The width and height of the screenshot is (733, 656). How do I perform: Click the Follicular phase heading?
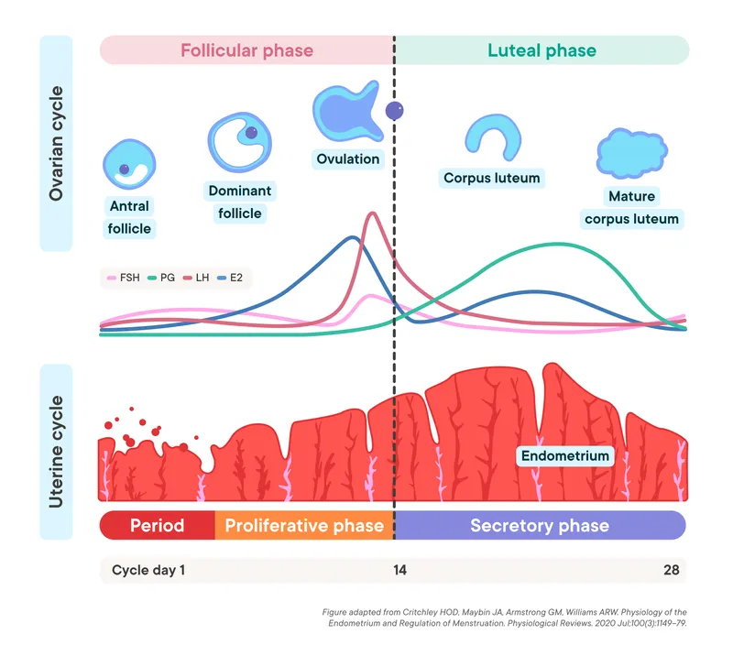pos(246,50)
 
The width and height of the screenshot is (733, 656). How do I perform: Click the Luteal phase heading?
pos(542,50)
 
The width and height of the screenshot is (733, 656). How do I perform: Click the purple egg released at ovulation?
pos(395,112)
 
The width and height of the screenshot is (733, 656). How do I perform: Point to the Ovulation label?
pos(347,159)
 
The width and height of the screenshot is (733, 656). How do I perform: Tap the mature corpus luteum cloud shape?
pos(631,152)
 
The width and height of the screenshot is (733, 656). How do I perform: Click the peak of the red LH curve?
pos(372,214)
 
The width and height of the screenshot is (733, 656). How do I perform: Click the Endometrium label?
pos(564,455)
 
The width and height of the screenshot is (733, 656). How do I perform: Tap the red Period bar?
pos(157,526)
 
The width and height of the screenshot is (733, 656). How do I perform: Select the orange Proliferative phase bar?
pos(304,526)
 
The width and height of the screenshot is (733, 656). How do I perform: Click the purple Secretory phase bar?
pos(540,526)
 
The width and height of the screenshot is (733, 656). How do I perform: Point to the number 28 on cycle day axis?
pos(672,570)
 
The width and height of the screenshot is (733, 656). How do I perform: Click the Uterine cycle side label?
pos(56,452)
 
